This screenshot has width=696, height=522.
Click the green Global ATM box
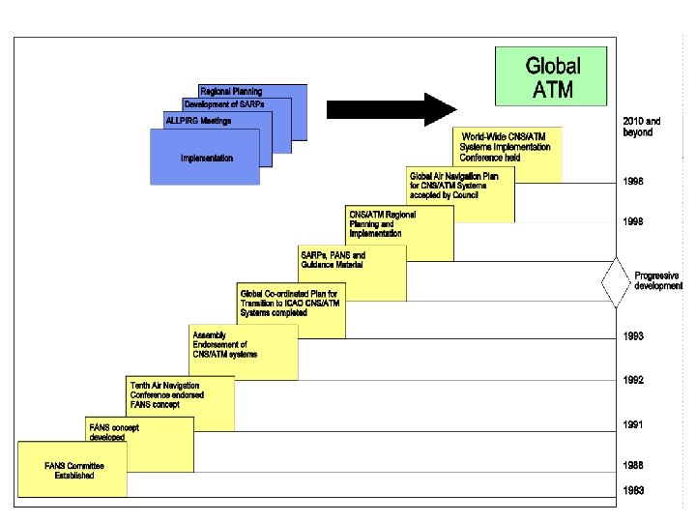(553, 77)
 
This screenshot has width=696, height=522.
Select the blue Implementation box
(206, 158)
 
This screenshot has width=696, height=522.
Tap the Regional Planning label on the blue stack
(230, 91)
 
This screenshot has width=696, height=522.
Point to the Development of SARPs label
(223, 103)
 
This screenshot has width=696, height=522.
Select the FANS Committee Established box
(73, 470)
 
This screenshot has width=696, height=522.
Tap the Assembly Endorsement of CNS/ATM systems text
(225, 345)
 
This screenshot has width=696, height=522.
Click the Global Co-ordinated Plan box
(290, 304)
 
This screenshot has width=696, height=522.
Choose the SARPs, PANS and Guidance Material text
(332, 260)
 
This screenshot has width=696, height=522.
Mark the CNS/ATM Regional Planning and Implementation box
(383, 224)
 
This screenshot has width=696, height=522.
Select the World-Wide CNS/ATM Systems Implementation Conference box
(507, 147)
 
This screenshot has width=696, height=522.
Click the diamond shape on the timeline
(617, 280)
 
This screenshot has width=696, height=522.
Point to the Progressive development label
(658, 281)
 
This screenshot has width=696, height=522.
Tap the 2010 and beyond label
(641, 127)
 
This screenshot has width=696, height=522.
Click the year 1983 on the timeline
(633, 490)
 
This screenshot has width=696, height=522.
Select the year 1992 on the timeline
(633, 379)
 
